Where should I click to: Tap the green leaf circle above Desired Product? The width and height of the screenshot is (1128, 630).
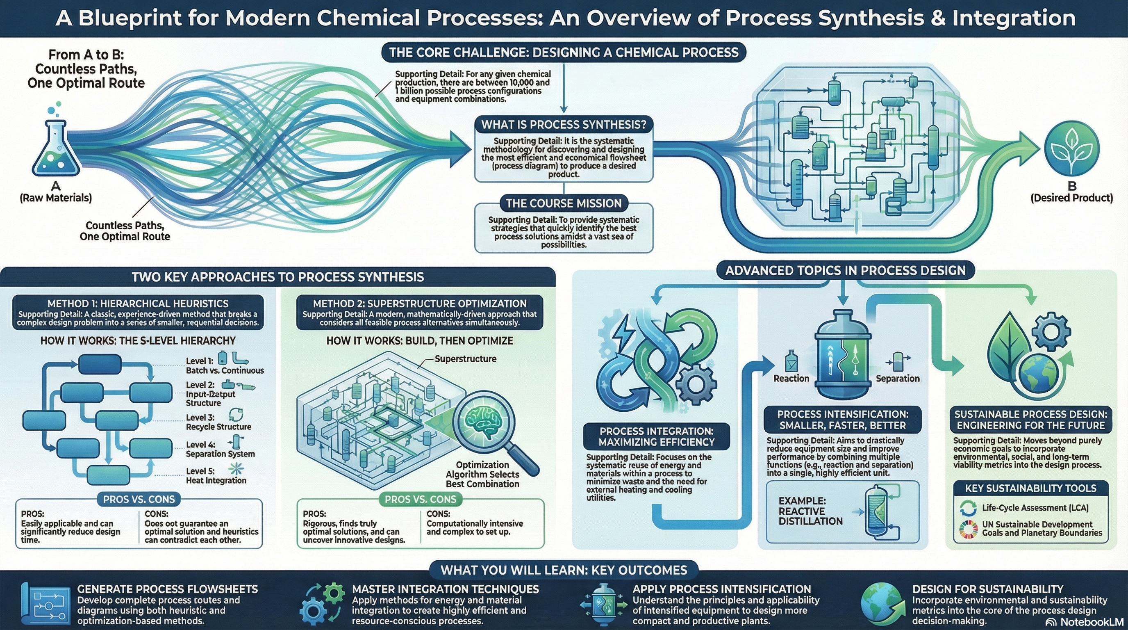pyautogui.click(x=1071, y=147)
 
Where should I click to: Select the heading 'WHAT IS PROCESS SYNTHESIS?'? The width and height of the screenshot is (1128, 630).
pyautogui.click(x=564, y=125)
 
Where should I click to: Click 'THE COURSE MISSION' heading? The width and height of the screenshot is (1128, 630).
pyautogui.click(x=564, y=203)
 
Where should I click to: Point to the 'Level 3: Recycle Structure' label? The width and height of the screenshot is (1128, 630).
pyautogui.click(x=218, y=422)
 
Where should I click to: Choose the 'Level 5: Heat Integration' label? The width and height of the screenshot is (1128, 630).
pyautogui.click(x=216, y=476)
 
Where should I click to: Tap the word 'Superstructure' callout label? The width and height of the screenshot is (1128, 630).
pyautogui.click(x=465, y=359)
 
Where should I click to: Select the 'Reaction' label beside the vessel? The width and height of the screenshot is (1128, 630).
pyautogui.click(x=791, y=379)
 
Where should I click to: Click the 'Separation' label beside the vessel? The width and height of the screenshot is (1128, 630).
pyautogui.click(x=897, y=379)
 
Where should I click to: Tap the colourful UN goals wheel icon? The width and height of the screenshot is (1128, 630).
pyautogui.click(x=968, y=529)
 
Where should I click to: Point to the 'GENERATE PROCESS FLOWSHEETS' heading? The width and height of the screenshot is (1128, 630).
pyautogui.click(x=167, y=589)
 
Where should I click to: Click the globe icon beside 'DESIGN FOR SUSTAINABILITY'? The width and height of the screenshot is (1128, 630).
pyautogui.click(x=882, y=605)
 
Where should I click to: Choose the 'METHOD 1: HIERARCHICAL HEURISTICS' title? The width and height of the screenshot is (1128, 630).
pyautogui.click(x=138, y=304)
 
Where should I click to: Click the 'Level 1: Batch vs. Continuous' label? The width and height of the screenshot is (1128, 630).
pyautogui.click(x=224, y=366)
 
